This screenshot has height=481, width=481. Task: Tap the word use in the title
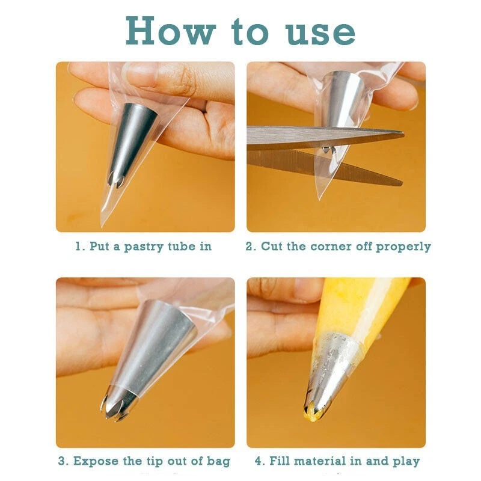[320, 32]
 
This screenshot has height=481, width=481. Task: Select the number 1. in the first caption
[79, 246]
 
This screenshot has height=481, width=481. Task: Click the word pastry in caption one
[144, 247]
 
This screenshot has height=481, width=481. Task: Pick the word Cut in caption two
[272, 246]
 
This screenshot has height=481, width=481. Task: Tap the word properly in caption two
[403, 247]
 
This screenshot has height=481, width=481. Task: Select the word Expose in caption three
[96, 461]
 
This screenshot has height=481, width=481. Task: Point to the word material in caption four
[320, 461]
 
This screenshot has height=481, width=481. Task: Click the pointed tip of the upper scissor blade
[403, 133]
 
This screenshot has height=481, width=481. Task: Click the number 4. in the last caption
[259, 461]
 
